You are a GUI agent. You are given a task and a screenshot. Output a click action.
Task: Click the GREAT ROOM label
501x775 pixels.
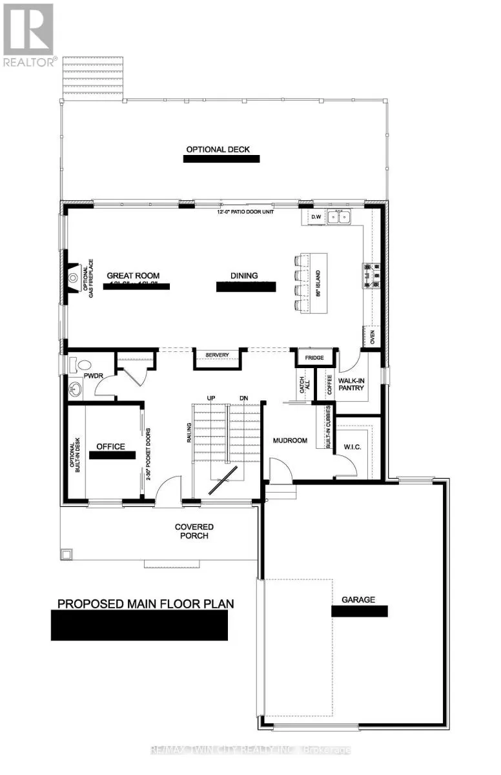click(133, 275)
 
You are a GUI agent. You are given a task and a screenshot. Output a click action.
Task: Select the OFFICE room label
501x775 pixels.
click(110, 446)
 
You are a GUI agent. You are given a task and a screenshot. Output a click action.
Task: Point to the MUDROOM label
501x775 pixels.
click(289, 442)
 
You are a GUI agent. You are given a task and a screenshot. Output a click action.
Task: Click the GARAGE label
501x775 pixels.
click(359, 599)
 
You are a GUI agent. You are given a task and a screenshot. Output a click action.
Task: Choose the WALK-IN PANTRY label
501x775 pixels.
click(351, 384)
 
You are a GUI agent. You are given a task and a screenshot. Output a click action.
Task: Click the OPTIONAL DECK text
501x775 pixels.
click(218, 149)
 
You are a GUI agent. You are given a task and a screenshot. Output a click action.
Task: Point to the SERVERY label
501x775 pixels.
click(218, 355)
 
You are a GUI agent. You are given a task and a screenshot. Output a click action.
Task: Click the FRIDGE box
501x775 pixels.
click(314, 356)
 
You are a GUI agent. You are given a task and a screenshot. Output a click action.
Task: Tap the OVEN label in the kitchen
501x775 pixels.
click(371, 336)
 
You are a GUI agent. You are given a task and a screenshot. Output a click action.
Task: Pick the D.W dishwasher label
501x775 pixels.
click(316, 217)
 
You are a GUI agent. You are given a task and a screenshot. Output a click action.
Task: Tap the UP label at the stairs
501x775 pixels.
click(210, 397)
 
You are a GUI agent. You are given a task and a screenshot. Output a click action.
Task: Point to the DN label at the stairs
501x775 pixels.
click(243, 397)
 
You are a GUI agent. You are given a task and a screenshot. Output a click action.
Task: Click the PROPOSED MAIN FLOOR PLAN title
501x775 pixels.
click(146, 604)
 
